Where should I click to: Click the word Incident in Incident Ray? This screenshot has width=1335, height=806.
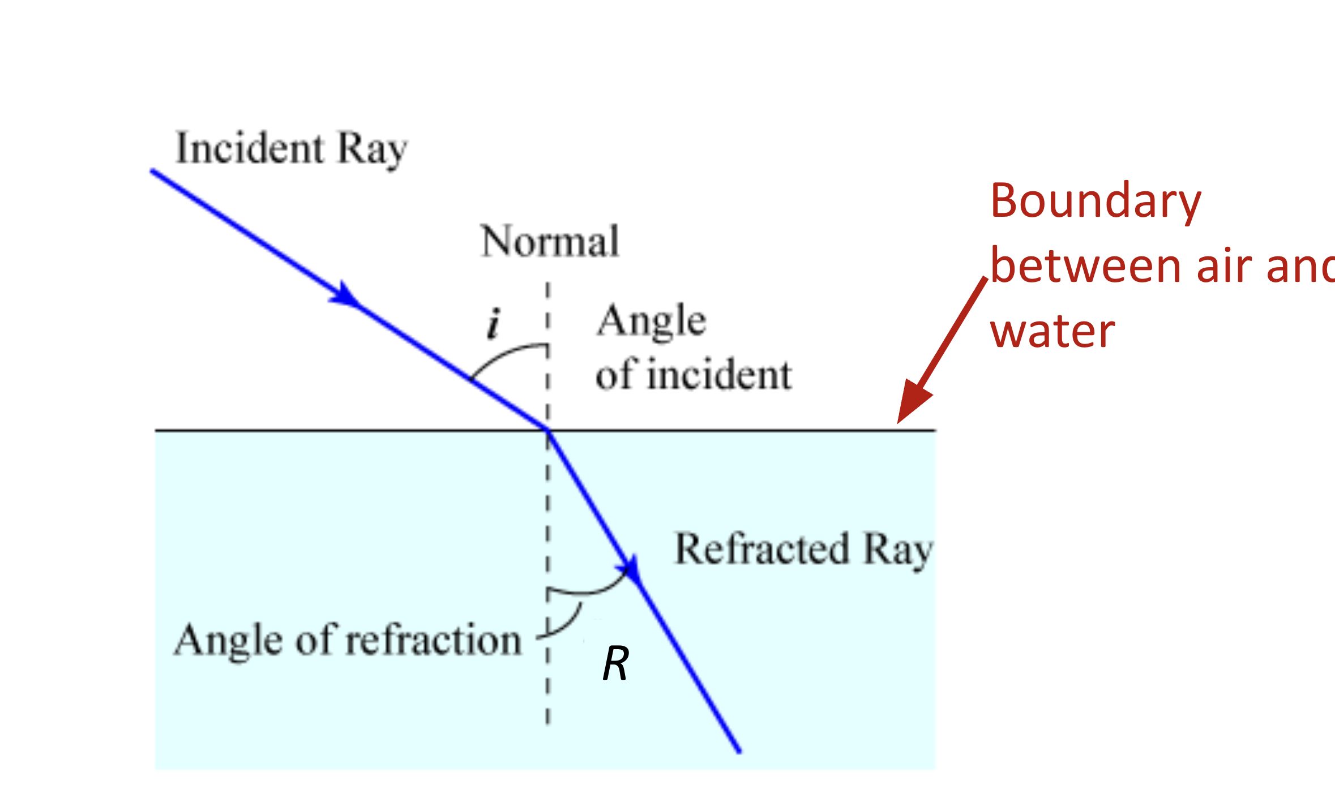249,148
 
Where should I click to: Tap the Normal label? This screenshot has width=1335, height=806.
550,242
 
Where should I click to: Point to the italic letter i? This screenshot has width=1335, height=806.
494,324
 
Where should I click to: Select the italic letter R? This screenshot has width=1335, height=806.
615,663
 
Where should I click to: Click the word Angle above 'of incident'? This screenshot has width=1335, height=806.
652,321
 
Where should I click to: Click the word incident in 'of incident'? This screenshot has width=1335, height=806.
719,375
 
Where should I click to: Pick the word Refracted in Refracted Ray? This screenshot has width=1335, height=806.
762,549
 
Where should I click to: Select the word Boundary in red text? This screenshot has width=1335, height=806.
1096,201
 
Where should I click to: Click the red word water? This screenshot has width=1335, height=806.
1052,331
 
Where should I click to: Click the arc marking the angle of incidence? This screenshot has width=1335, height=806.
504,353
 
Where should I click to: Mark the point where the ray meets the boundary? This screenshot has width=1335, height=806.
547,431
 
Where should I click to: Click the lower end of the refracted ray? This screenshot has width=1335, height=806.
738,751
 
